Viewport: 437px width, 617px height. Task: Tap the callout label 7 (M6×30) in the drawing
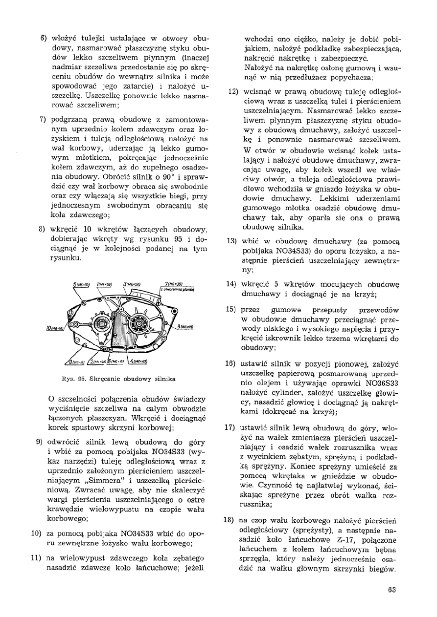coord(174,284)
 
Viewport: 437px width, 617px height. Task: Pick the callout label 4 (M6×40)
coord(138,362)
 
